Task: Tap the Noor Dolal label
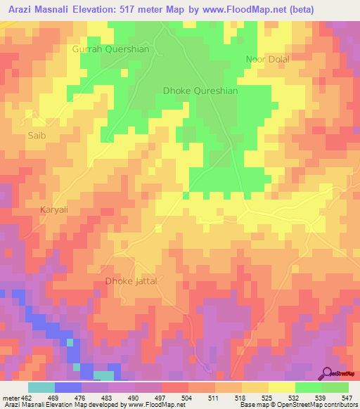click(266, 59)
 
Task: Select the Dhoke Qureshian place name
click(200, 91)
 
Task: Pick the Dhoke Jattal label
click(131, 281)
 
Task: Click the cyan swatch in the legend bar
click(41, 387)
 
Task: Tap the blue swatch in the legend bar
click(68, 387)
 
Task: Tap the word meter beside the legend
click(10, 398)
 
